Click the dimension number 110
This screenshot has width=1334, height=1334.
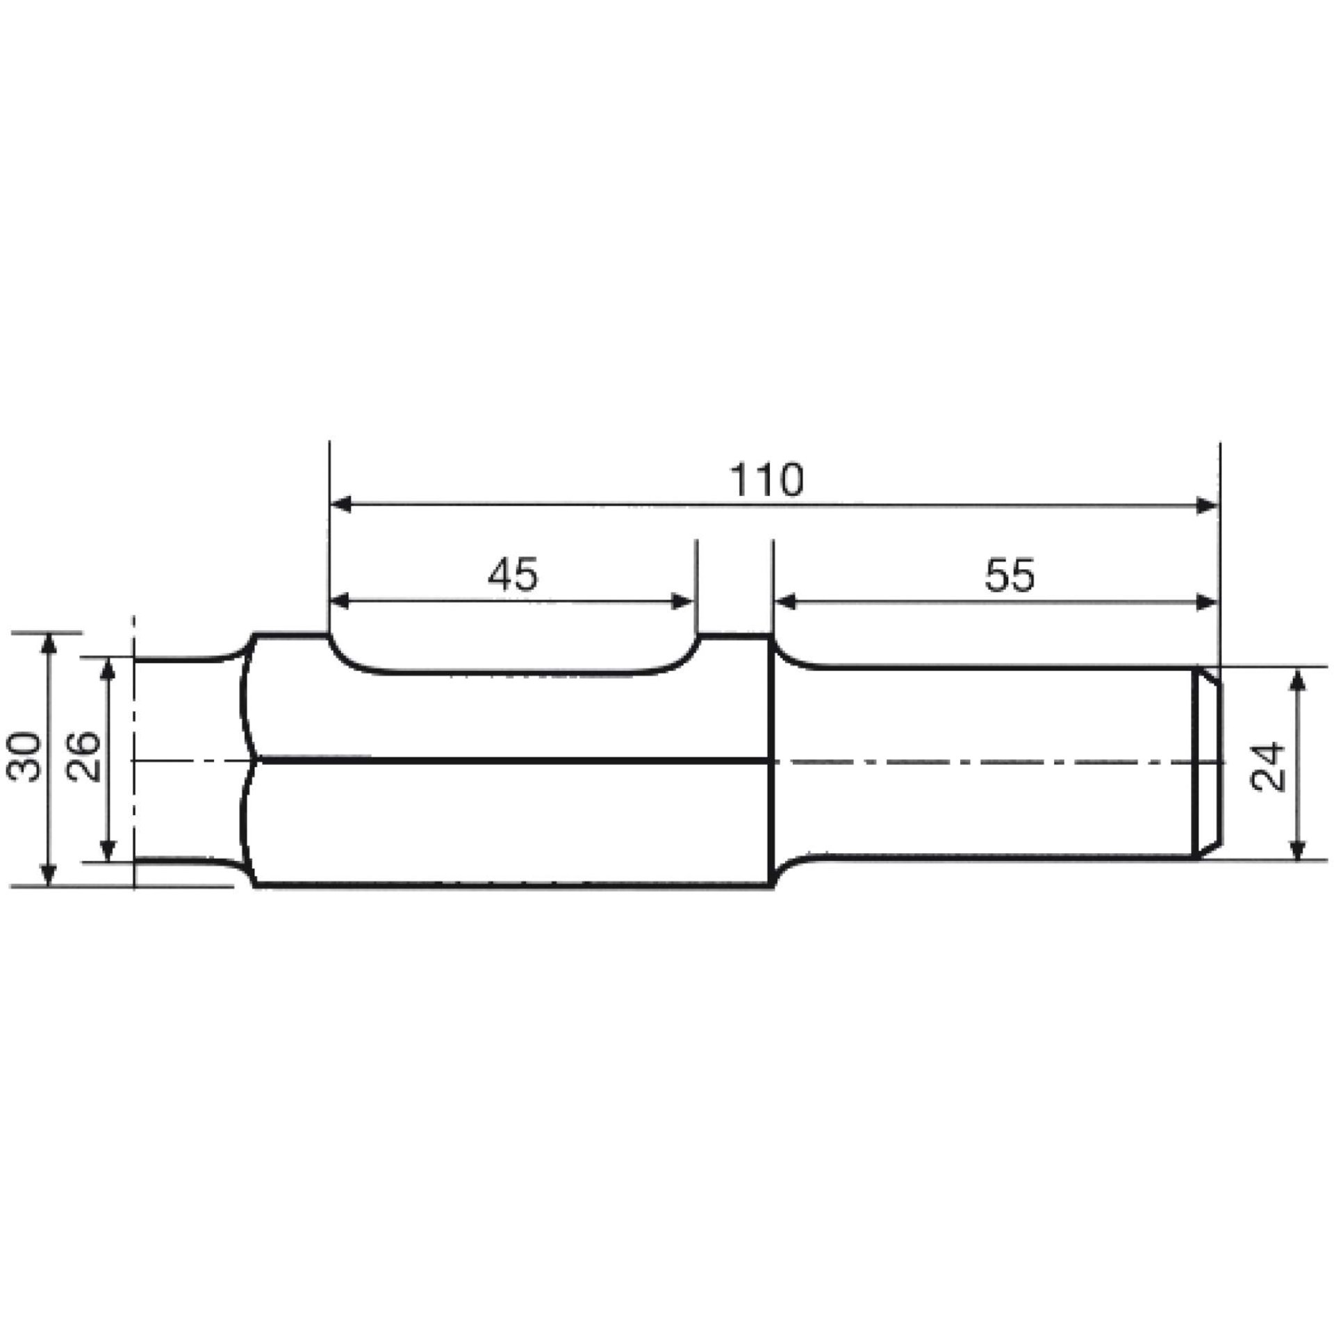766,480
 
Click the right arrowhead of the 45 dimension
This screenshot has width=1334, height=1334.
684,602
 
